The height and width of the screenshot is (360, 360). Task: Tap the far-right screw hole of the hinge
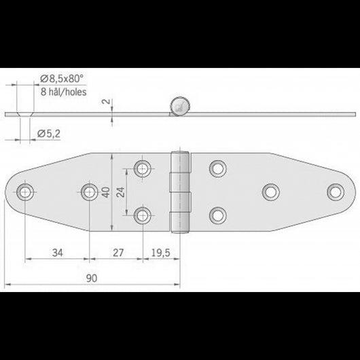click(x=335, y=191)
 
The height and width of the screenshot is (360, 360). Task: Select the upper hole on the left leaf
click(x=142, y=167)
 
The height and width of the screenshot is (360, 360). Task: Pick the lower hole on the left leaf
click(x=142, y=216)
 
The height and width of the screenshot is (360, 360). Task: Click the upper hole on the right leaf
click(x=218, y=167)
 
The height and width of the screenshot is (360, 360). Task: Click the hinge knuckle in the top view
click(x=179, y=192)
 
